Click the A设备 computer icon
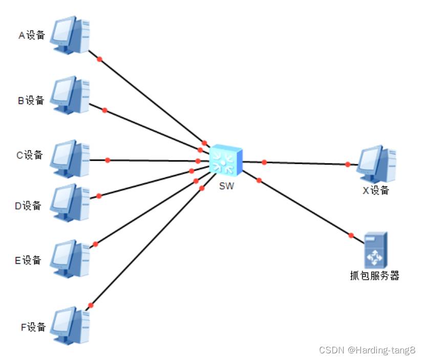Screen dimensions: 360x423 coord(70,34)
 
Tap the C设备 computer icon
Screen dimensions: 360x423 coord(70,155)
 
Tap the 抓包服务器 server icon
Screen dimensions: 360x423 coord(375,249)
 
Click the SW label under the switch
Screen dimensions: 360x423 coord(226,186)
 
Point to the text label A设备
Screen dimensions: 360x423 coord(32,35)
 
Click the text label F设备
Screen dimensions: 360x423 coord(33,327)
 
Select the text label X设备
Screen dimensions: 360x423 coord(376,190)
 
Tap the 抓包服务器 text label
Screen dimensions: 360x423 coord(371,276)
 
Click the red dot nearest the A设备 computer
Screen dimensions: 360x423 coord(100,59)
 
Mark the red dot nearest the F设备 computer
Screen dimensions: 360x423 coord(91,305)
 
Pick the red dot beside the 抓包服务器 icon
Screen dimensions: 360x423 coord(351,235)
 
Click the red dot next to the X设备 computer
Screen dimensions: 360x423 coord(348,164)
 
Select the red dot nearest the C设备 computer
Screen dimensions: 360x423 coord(108,160)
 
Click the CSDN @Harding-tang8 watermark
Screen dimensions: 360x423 coord(367,350)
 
